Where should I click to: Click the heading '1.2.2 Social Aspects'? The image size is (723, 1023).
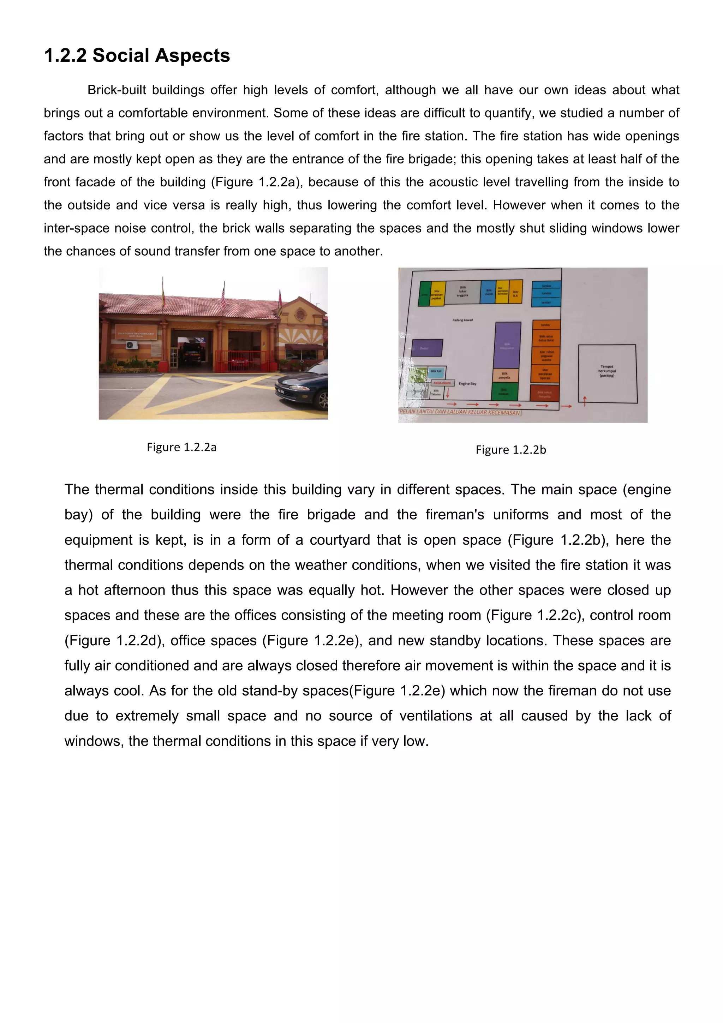(137, 56)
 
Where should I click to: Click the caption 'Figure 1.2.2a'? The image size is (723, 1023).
(181, 447)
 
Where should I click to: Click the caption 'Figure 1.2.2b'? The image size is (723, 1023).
(510, 450)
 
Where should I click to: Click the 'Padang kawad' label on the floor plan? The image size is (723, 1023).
(462, 320)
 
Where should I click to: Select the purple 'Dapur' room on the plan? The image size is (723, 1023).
(427, 348)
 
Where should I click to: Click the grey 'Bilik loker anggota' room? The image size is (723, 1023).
(462, 292)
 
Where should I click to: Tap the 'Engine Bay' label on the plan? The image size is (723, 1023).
(467, 384)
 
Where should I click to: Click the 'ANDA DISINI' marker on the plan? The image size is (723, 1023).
(442, 383)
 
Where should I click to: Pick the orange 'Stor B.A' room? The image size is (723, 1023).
(515, 292)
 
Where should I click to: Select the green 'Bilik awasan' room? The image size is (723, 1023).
(504, 391)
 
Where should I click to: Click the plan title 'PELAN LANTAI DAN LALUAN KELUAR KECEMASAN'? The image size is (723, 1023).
(460, 412)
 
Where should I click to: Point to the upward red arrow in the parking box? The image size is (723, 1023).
(585, 400)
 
